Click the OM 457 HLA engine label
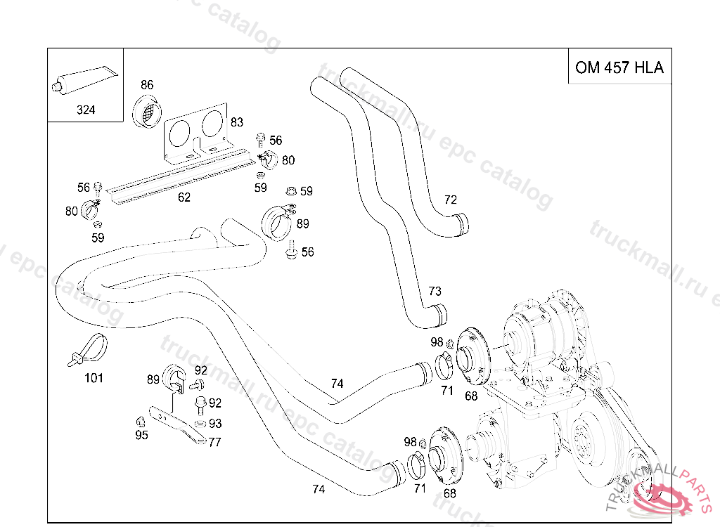click(x=619, y=67)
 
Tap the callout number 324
click(x=86, y=110)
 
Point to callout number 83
click(x=237, y=122)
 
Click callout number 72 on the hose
click(x=451, y=200)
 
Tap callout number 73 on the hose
click(x=435, y=291)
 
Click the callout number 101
click(x=94, y=378)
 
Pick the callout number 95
click(x=141, y=436)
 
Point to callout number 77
click(x=215, y=442)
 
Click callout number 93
click(x=215, y=424)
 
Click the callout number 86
click(x=146, y=85)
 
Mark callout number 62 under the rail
click(x=184, y=197)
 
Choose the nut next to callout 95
click(x=140, y=421)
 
